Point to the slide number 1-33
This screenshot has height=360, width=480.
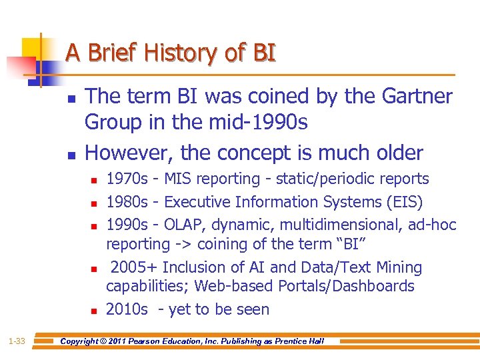(17, 341)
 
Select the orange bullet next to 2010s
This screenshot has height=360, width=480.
(94, 311)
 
